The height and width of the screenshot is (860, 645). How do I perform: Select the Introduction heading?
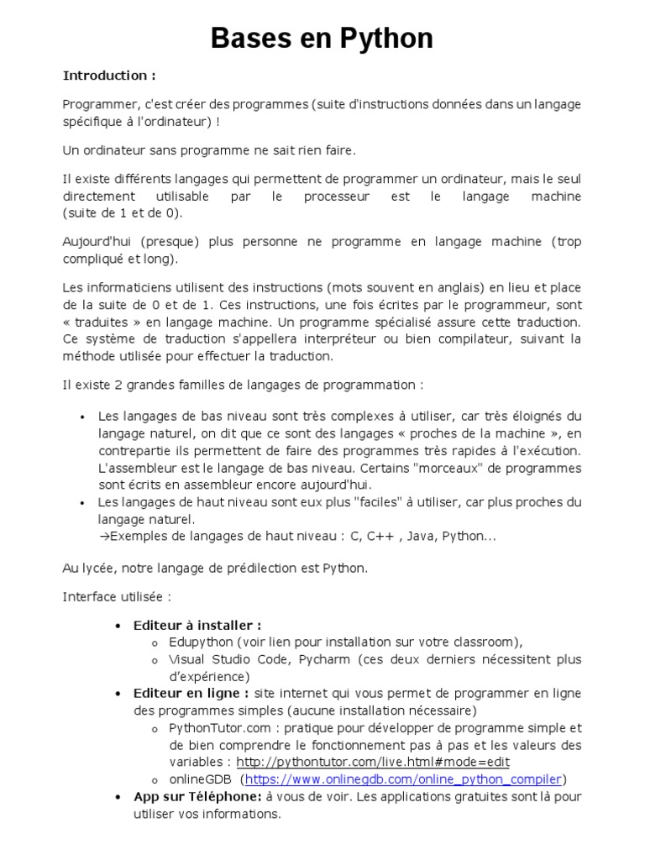click(x=109, y=76)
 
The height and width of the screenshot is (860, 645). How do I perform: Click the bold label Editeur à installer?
click(x=197, y=625)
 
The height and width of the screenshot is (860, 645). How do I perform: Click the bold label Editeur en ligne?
click(x=191, y=693)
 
